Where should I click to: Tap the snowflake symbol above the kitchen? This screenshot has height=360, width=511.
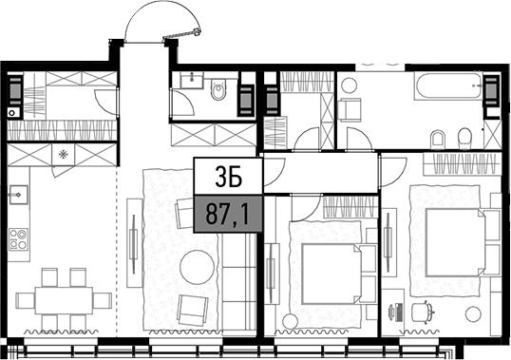tap(64, 152)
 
